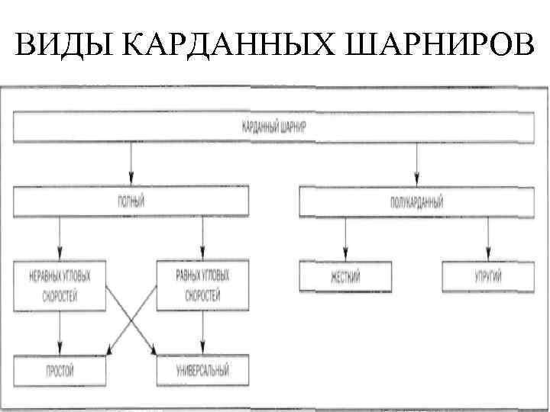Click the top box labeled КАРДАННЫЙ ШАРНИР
click(273, 127)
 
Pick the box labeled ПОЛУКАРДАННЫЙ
click(416, 202)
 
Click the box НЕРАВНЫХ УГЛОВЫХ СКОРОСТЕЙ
click(60, 285)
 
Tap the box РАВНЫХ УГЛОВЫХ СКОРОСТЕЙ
click(202, 285)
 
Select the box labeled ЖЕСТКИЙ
click(345, 275)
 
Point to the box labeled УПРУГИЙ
click(487, 275)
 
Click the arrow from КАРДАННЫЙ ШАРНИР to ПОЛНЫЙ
click(131, 165)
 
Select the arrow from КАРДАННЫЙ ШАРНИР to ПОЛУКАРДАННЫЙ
click(416, 165)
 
